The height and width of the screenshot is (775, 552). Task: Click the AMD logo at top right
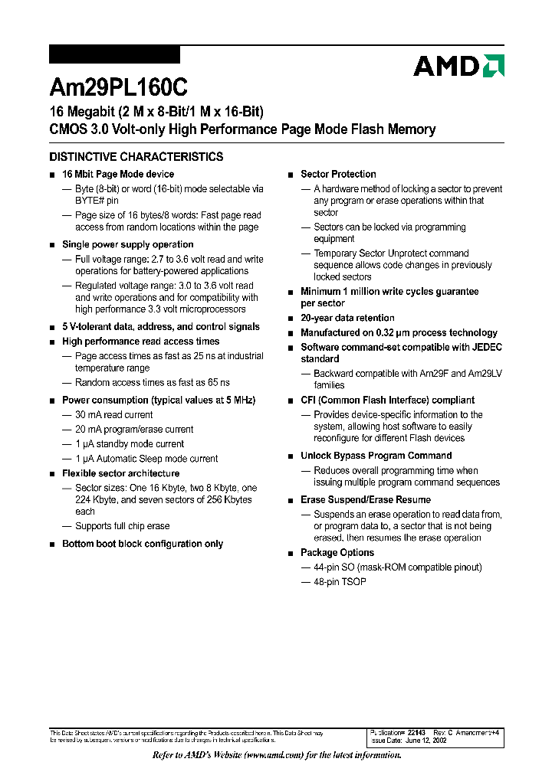[458, 66]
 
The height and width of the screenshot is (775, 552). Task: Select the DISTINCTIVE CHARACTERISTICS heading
[136, 157]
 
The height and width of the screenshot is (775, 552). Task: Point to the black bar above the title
[114, 54]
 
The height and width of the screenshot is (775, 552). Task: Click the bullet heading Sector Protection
[338, 175]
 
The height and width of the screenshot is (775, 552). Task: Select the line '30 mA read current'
[113, 415]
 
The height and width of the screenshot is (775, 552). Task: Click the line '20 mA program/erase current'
[134, 430]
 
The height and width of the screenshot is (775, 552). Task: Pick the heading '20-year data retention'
[347, 318]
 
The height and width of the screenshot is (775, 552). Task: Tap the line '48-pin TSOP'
[340, 582]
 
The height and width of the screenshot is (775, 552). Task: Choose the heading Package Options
[337, 553]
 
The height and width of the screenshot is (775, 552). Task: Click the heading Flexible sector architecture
[120, 473]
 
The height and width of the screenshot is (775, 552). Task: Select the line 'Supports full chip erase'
[122, 526]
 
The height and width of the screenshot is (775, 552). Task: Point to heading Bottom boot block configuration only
[143, 544]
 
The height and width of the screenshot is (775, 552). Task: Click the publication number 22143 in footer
[415, 733]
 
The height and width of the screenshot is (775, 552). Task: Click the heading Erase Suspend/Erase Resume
[366, 500]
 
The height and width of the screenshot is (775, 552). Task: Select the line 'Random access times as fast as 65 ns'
[152, 382]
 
